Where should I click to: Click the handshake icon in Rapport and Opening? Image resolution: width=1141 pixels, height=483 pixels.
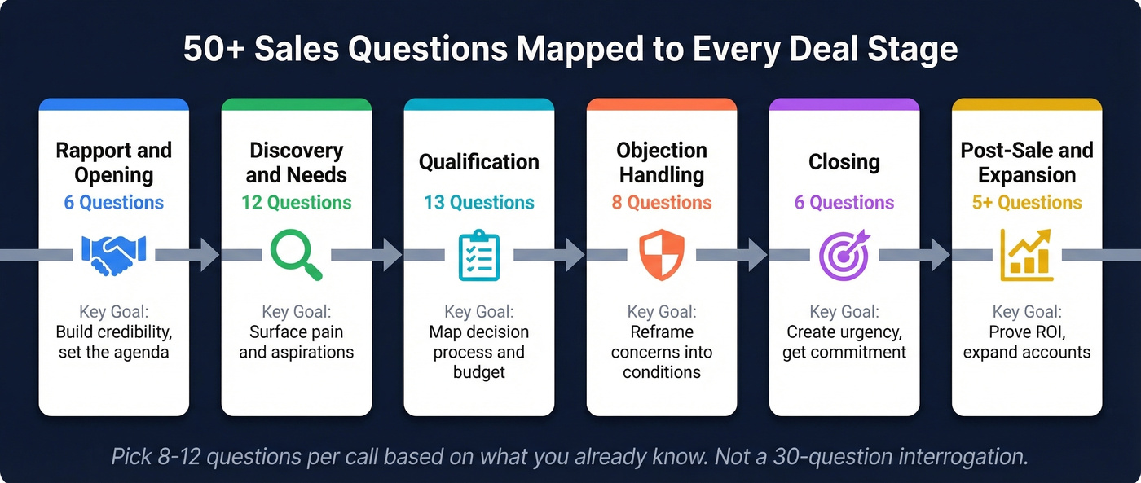tap(114, 255)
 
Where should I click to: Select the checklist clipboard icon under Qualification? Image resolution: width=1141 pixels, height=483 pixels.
tap(478, 255)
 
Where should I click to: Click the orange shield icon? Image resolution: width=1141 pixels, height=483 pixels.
tap(661, 254)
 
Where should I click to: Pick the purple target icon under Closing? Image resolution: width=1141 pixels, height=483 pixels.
tap(844, 255)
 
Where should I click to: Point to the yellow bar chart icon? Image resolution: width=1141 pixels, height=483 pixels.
tap(1026, 255)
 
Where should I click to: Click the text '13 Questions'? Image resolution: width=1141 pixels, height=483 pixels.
tap(478, 203)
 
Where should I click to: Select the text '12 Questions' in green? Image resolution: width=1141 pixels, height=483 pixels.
tap(296, 203)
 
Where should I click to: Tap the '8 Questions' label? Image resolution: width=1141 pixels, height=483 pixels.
tap(661, 203)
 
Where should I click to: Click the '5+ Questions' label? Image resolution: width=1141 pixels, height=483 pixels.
tap(1026, 203)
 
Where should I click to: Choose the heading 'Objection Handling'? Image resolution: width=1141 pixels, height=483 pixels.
tap(661, 163)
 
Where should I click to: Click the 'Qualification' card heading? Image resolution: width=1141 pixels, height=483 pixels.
tap(478, 162)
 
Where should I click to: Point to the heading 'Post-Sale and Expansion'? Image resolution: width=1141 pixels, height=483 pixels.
tap(1026, 163)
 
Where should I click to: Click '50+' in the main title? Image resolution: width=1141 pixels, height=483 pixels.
tap(214, 50)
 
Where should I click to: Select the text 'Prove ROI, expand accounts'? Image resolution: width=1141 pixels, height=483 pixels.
tap(1026, 342)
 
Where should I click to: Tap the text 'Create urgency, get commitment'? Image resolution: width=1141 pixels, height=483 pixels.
tap(844, 342)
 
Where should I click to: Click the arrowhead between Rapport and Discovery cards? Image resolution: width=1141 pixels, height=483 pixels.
tap(209, 255)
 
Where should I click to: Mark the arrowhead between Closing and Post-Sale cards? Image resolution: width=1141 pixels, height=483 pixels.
tap(940, 255)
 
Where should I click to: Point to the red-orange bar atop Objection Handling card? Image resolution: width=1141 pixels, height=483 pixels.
tap(661, 104)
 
